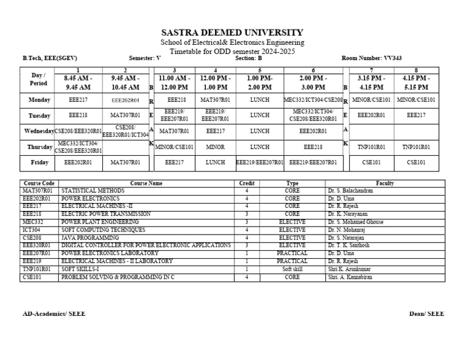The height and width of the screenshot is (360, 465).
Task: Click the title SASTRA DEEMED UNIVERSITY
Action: point(232,32)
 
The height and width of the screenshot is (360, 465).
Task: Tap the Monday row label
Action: point(38,99)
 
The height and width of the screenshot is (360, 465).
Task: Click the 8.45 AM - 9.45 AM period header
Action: point(77,83)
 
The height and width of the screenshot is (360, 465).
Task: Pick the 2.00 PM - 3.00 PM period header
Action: point(313,83)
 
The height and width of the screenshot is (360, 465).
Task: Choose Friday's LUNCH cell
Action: point(215,162)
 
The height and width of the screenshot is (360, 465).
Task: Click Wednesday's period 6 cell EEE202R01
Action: point(313,130)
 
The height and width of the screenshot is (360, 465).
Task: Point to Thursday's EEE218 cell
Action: point(313,147)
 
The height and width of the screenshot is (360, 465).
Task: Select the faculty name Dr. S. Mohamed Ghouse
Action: point(355,222)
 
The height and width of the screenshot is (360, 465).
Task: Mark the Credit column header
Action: point(247,183)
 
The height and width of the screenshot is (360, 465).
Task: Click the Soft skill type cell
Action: point(292,269)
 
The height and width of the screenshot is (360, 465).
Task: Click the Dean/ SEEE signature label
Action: point(426,313)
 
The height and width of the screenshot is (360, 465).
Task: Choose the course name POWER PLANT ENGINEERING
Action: point(100,222)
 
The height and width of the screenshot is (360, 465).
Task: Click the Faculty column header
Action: point(384,183)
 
